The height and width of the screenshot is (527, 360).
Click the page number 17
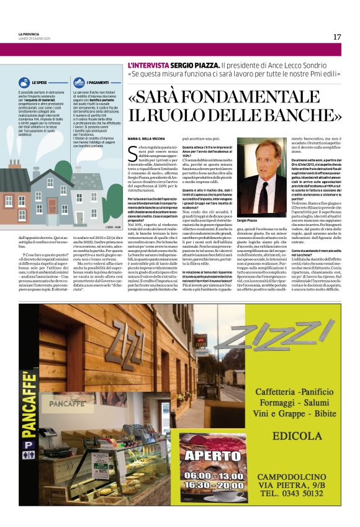336,37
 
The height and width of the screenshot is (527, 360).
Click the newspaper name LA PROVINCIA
29,34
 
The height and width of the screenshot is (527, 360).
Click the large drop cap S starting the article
132,152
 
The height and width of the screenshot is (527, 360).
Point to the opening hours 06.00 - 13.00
214,474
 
